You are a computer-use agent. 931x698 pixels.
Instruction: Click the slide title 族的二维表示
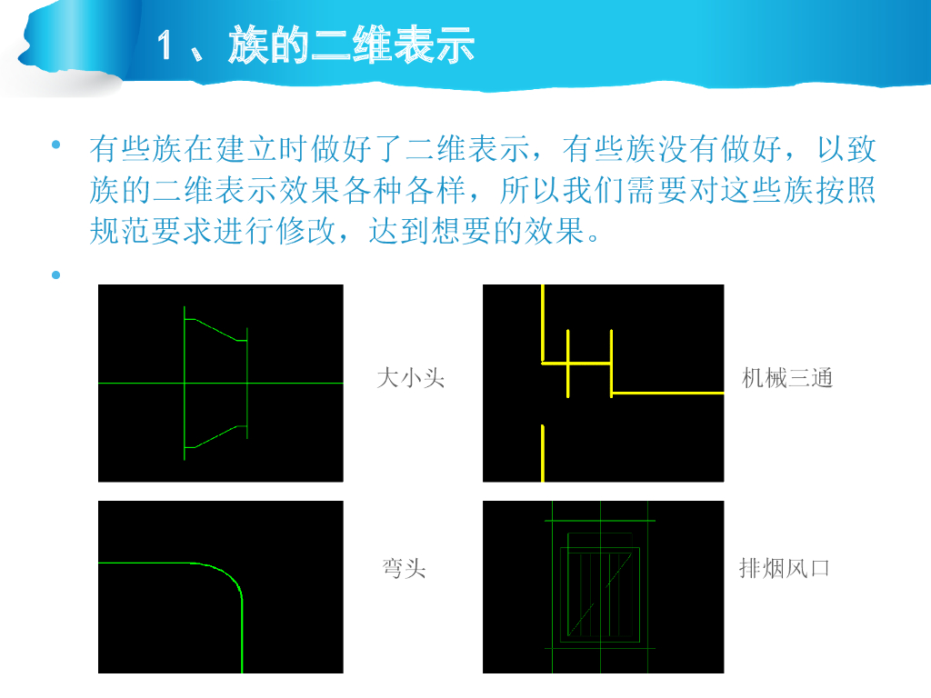352,45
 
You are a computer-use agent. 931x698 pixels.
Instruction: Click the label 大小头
411,378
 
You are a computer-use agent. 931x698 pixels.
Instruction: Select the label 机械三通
787,378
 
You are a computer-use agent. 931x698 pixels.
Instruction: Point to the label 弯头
405,568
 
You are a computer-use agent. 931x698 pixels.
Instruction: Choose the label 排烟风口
784,568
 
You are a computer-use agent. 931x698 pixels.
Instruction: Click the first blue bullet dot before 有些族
56,145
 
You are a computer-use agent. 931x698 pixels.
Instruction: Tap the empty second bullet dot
56,274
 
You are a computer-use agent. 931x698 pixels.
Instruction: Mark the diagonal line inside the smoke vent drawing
600,594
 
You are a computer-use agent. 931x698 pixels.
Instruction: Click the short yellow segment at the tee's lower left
543,454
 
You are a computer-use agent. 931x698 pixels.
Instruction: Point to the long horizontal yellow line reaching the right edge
667,393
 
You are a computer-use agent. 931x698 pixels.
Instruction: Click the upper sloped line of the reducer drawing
216,330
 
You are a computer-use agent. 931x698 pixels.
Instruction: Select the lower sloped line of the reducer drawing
216,437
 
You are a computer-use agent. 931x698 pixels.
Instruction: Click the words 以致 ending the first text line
847,149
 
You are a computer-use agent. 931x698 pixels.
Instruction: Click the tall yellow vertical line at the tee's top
543,323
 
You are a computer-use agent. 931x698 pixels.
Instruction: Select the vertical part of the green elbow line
242,636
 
